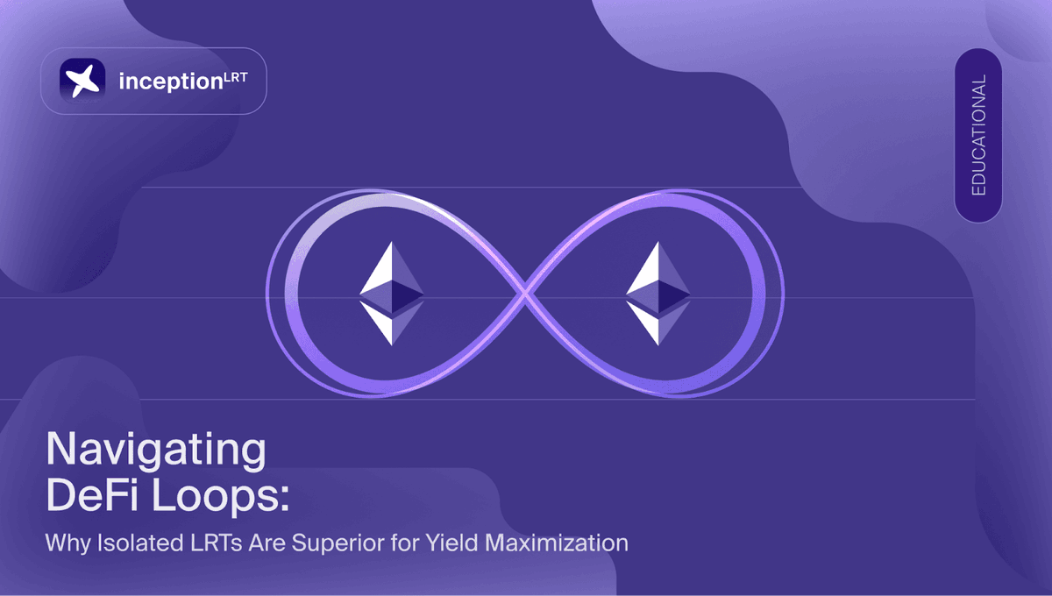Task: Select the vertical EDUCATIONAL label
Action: pos(978,135)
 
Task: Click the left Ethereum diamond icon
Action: pos(391,293)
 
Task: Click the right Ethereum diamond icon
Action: pos(658,293)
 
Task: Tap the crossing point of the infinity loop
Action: pos(525,295)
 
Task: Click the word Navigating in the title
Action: pos(155,452)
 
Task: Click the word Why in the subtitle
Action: pos(67,543)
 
